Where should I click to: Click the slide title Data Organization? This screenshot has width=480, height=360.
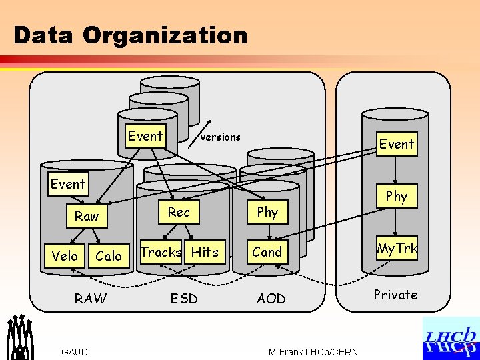[130, 35]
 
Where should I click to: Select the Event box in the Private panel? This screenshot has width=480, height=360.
[397, 144]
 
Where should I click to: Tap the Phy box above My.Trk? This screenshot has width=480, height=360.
[396, 196]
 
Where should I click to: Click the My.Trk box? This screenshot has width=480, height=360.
[397, 249]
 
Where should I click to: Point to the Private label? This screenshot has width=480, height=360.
[395, 295]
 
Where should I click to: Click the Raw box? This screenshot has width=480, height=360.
[87, 216]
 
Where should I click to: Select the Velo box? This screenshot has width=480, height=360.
[65, 256]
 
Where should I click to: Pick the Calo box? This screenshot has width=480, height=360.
[109, 256]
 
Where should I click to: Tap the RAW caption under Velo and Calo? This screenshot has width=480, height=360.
[90, 299]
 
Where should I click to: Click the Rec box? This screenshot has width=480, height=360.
[179, 212]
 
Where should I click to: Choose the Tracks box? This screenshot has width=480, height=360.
[161, 252]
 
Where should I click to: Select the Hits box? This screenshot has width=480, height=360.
[205, 252]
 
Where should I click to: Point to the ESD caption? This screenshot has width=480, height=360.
[184, 299]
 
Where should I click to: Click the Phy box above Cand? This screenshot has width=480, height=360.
[267, 212]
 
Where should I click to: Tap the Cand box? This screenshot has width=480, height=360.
[267, 252]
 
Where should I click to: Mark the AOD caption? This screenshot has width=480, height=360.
[271, 299]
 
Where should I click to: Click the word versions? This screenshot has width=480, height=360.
[220, 137]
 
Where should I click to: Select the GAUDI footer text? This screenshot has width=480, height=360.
[76, 352]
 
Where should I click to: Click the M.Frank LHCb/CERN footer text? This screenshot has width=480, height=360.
[313, 352]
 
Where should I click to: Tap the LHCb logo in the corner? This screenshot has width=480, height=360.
[451, 338]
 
